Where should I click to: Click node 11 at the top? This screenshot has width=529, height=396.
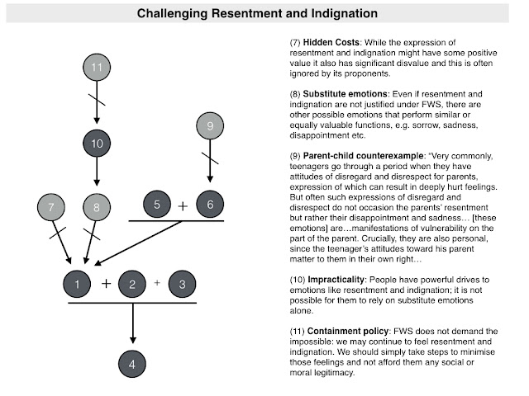click(x=97, y=67)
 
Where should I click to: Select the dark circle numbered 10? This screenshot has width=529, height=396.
click(x=97, y=143)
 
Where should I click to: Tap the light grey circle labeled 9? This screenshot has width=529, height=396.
click(x=210, y=125)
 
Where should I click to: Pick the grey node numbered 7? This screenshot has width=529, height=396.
click(x=51, y=207)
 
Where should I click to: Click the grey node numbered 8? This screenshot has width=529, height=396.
click(x=97, y=207)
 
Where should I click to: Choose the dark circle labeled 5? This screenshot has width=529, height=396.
click(x=157, y=204)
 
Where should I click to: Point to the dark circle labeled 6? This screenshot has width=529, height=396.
click(x=210, y=204)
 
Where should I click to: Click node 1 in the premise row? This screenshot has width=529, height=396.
click(x=77, y=284)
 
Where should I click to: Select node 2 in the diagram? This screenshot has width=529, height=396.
click(x=132, y=284)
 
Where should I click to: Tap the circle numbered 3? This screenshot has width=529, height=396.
click(x=182, y=284)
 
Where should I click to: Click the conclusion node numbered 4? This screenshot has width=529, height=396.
click(x=132, y=364)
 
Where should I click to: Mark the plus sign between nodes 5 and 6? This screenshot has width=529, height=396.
click(x=183, y=205)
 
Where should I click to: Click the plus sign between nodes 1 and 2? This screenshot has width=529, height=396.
click(x=107, y=284)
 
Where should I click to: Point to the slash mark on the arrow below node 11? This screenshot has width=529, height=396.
click(x=97, y=100)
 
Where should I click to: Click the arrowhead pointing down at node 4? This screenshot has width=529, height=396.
click(x=133, y=339)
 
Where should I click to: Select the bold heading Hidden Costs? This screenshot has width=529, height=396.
click(x=331, y=42)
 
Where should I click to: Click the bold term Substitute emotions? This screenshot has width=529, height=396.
click(x=345, y=93)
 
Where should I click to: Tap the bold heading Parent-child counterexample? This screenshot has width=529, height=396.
click(x=363, y=156)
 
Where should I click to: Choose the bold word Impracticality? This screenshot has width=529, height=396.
click(x=336, y=280)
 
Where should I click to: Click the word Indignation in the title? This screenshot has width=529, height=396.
click(x=344, y=13)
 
